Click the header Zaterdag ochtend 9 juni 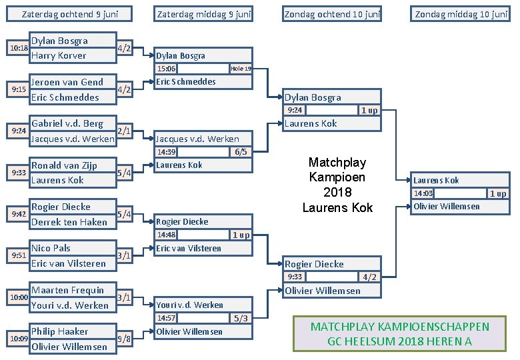click(x=67, y=13)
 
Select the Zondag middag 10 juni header click(x=461, y=13)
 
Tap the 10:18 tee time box click(x=18, y=48)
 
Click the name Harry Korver click(x=59, y=55)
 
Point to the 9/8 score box click(x=124, y=339)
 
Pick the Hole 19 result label click(x=241, y=69)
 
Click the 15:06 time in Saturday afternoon click(x=166, y=69)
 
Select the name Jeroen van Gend click(x=67, y=82)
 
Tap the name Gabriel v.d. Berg click(x=67, y=123)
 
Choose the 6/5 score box click(x=241, y=151)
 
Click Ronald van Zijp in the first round click(x=64, y=165)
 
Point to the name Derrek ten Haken click(x=69, y=221)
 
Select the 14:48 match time click(x=166, y=235)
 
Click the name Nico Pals click(x=51, y=248)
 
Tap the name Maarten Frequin click(x=67, y=290)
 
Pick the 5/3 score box click(x=241, y=318)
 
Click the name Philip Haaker click(x=59, y=331)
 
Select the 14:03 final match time click(x=423, y=193)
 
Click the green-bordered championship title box click(x=399, y=334)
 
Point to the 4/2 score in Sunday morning click(x=369, y=277)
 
